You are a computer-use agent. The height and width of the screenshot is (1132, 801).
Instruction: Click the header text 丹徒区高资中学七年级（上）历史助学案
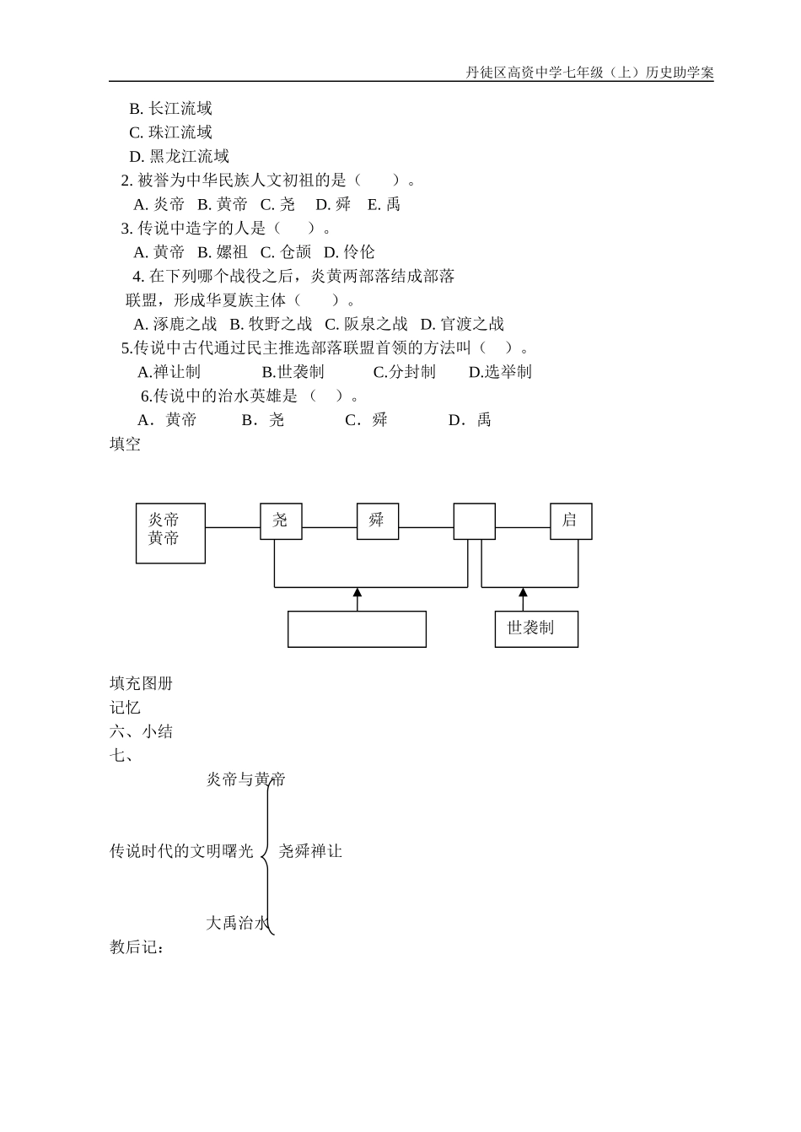(x=589, y=73)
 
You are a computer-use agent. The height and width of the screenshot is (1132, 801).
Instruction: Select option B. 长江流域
(x=170, y=108)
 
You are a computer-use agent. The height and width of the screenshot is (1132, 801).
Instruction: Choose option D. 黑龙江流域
(x=179, y=156)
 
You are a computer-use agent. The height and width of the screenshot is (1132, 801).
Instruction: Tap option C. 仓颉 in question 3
(x=285, y=251)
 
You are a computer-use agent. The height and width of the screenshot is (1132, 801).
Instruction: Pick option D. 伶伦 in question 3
(x=349, y=251)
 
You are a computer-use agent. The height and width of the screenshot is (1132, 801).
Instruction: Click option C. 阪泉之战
(x=366, y=324)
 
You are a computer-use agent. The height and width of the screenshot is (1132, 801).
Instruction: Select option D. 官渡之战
(x=462, y=324)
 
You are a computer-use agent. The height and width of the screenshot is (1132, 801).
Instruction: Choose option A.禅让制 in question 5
(x=169, y=372)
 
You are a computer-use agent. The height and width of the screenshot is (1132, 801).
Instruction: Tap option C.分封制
(x=404, y=372)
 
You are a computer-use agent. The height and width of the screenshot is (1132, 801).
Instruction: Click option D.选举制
(x=500, y=372)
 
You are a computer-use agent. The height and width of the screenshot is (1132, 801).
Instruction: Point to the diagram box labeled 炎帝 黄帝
(x=170, y=533)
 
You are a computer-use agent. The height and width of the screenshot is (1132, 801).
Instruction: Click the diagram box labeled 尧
(x=281, y=521)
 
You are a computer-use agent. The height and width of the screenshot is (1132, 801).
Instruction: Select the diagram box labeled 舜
(x=377, y=521)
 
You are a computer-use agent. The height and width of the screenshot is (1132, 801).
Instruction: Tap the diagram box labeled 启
(x=571, y=521)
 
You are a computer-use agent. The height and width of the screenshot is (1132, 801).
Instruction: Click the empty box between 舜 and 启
(x=474, y=521)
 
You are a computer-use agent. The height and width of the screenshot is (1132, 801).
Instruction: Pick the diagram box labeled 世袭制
(x=536, y=629)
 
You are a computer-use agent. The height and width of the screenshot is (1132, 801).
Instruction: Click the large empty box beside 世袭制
(x=357, y=629)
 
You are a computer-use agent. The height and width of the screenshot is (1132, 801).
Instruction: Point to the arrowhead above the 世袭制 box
(x=523, y=593)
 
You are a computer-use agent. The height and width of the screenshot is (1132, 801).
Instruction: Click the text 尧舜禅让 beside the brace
(x=310, y=851)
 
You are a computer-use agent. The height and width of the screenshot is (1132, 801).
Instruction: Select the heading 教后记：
(x=137, y=947)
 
